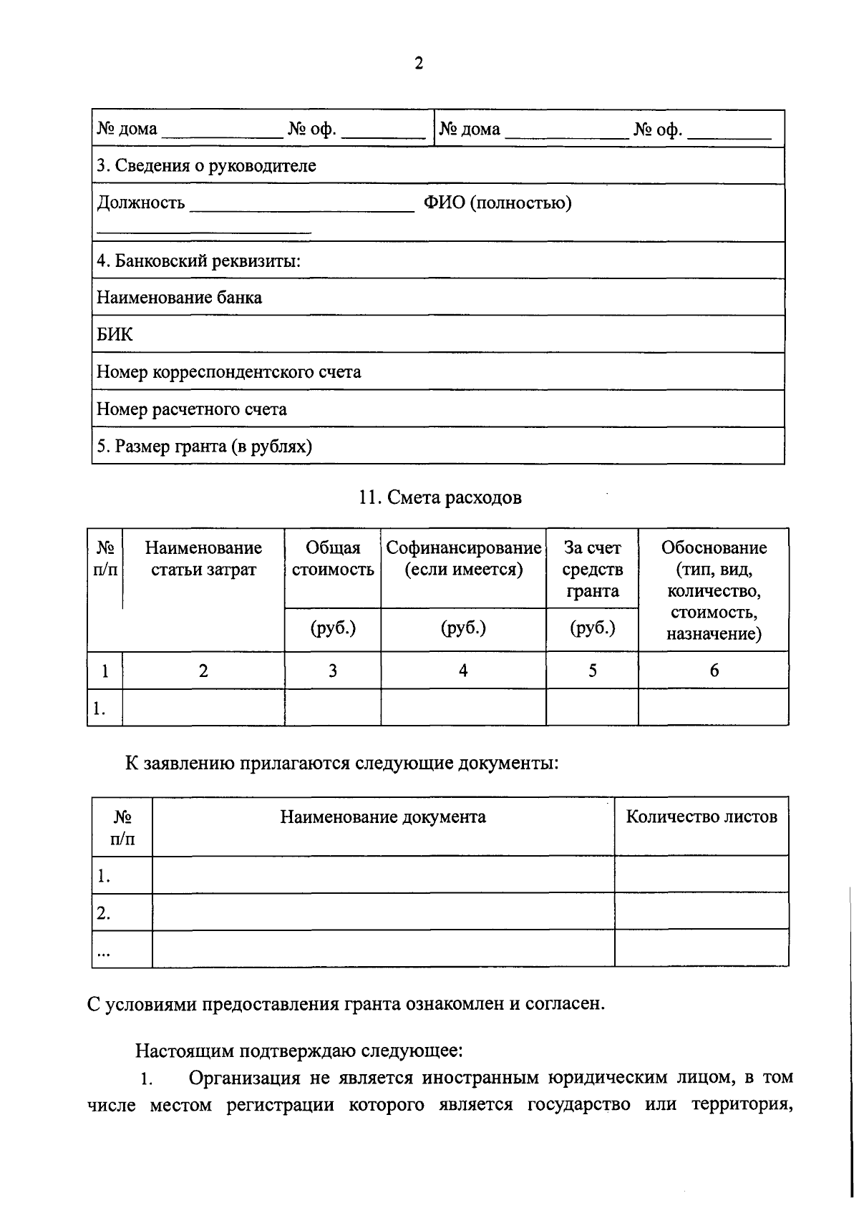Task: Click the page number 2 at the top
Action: pyautogui.click(x=419, y=64)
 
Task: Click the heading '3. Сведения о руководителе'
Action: pyautogui.click(x=206, y=166)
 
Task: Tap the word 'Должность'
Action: pyautogui.click(x=141, y=203)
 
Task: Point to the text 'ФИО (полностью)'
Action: pyautogui.click(x=498, y=203)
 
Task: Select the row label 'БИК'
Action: pyautogui.click(x=115, y=335)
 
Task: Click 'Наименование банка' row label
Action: pyautogui.click(x=179, y=298)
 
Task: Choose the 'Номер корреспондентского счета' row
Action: pyautogui.click(x=228, y=372)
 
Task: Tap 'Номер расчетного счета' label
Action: pyautogui.click(x=191, y=409)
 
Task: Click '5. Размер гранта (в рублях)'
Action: pyautogui.click(x=205, y=447)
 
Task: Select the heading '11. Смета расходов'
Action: pyautogui.click(x=440, y=497)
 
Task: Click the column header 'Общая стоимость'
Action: pyautogui.click(x=333, y=559)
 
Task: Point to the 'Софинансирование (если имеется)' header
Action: pyautogui.click(x=463, y=559)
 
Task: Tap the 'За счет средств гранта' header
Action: pyautogui.click(x=592, y=570)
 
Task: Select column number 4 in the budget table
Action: pyautogui.click(x=463, y=671)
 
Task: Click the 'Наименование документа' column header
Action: pyautogui.click(x=383, y=817)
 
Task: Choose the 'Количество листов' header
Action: pyautogui.click(x=702, y=817)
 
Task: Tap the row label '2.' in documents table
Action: pyautogui.click(x=104, y=913)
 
